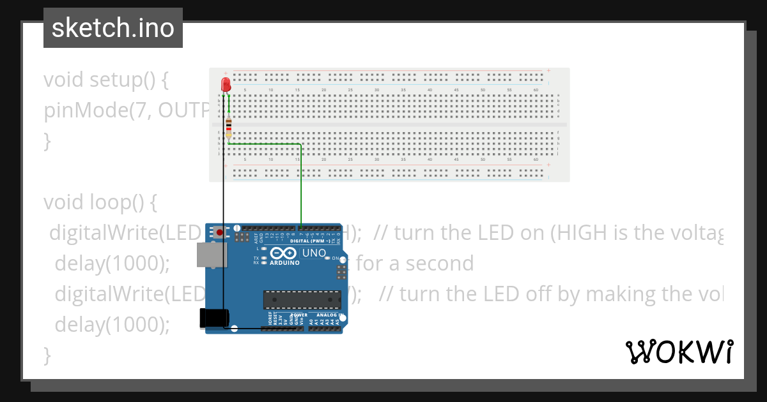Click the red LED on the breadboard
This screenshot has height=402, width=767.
[225, 84]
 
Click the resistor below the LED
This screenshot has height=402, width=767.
[228, 128]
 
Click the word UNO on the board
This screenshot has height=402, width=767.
[314, 253]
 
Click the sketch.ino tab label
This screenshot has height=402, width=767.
[113, 28]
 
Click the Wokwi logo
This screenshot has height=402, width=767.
[679, 352]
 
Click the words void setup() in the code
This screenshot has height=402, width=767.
[106, 80]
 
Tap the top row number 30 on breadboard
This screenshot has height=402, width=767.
[377, 90]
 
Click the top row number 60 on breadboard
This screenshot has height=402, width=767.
[536, 90]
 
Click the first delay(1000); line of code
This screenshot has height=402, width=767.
[112, 263]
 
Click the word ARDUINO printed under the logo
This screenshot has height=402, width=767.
[284, 263]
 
